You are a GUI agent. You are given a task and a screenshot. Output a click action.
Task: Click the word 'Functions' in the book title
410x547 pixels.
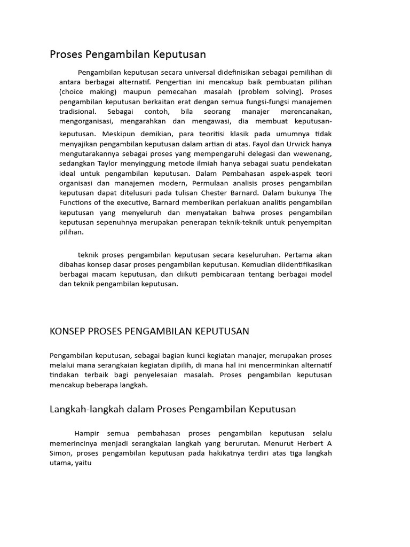[x=76, y=203]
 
